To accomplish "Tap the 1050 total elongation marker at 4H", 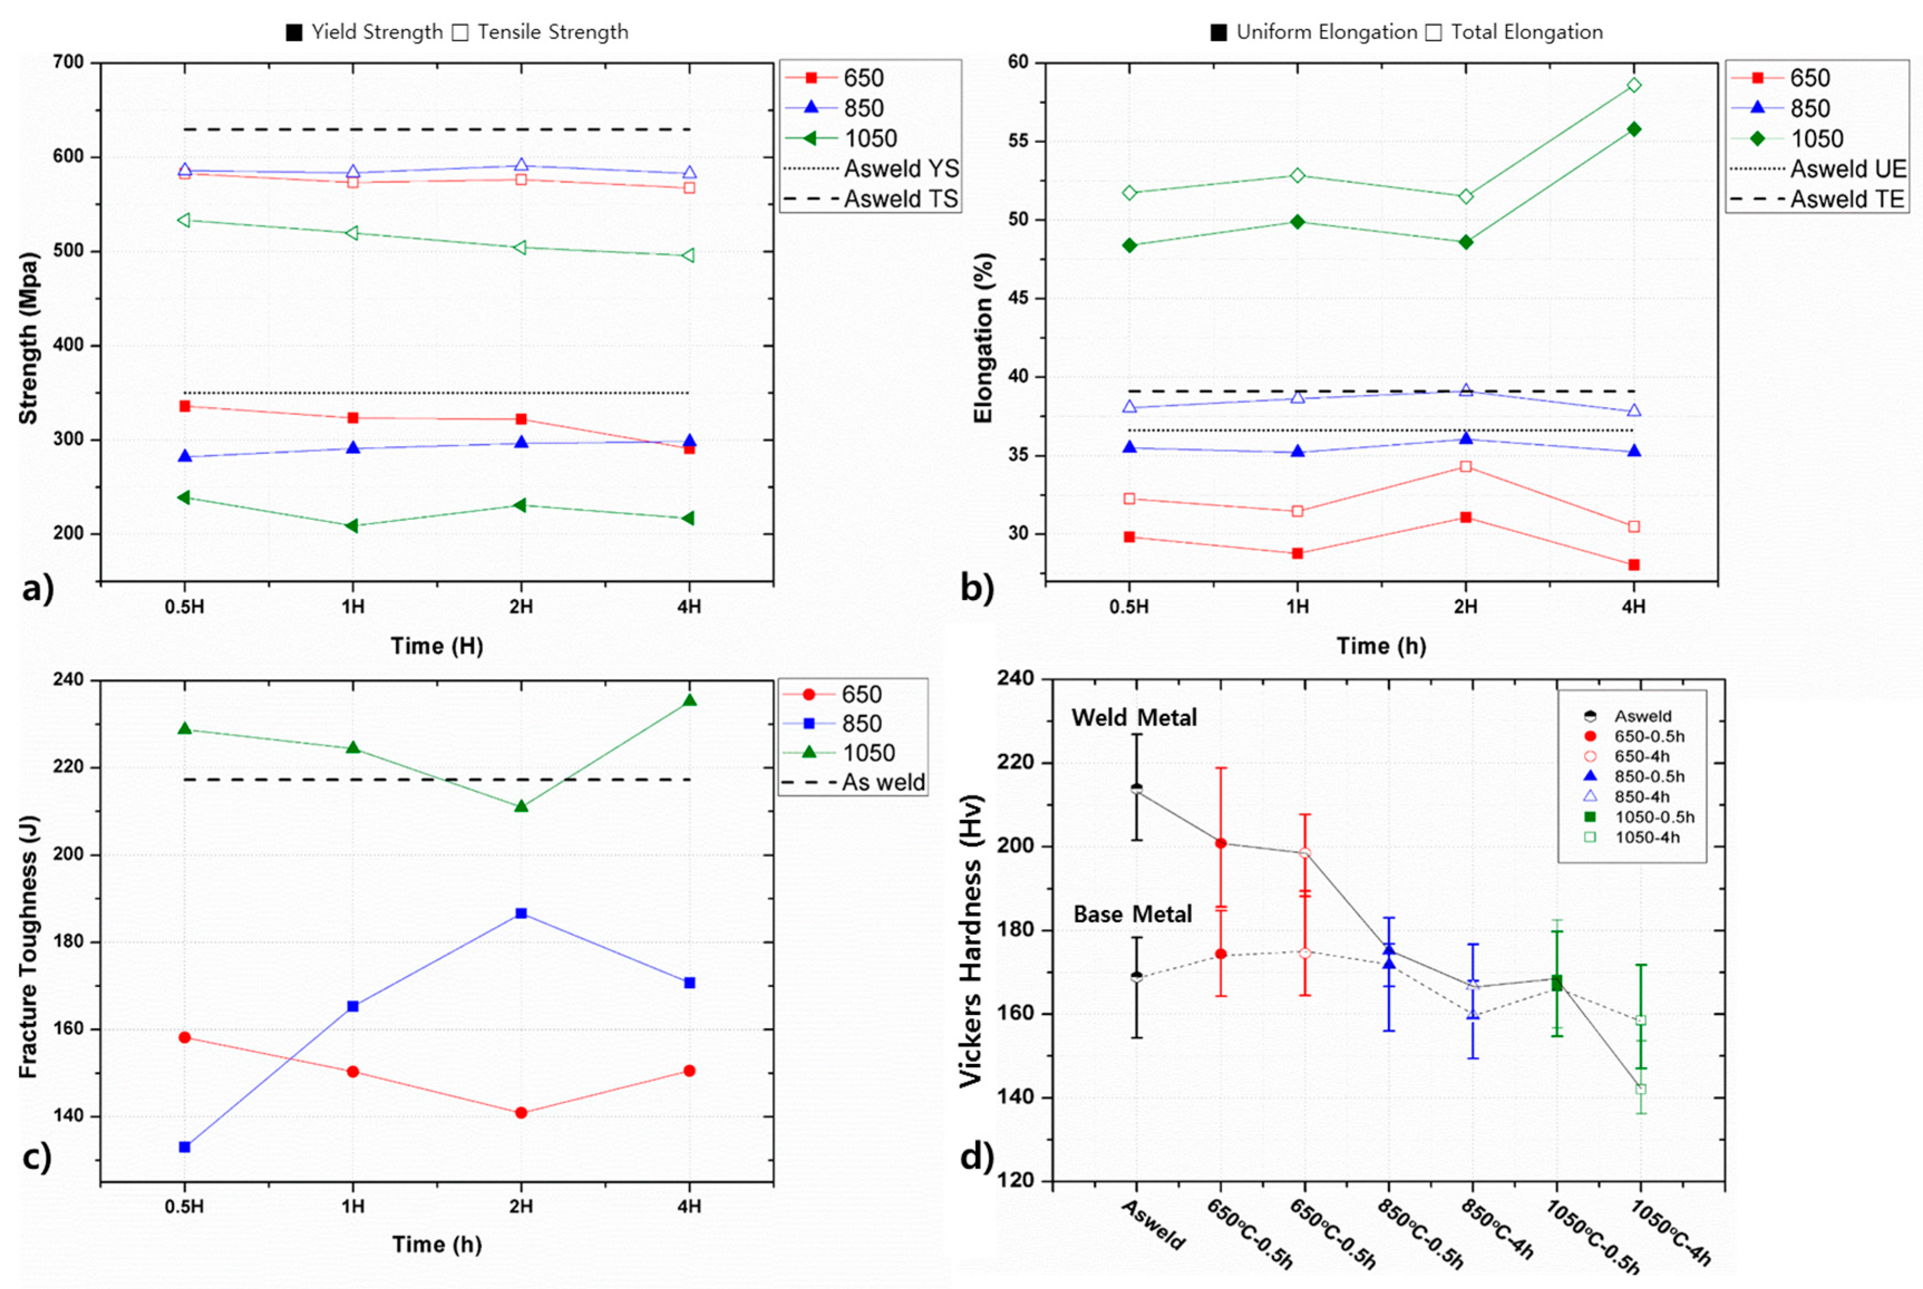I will [x=1634, y=85].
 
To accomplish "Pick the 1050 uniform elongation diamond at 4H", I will [x=1634, y=129].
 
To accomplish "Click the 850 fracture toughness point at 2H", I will [x=520, y=914].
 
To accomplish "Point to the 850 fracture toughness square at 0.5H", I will [x=185, y=1147].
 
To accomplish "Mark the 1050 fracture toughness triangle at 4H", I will [x=690, y=700].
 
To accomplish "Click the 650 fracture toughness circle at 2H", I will [x=520, y=1113].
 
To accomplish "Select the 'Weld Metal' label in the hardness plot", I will [x=1134, y=717].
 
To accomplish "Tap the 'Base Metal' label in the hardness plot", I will [x=1132, y=914].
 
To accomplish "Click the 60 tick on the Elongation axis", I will [x=1018, y=62].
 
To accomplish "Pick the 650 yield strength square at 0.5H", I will [x=185, y=406].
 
